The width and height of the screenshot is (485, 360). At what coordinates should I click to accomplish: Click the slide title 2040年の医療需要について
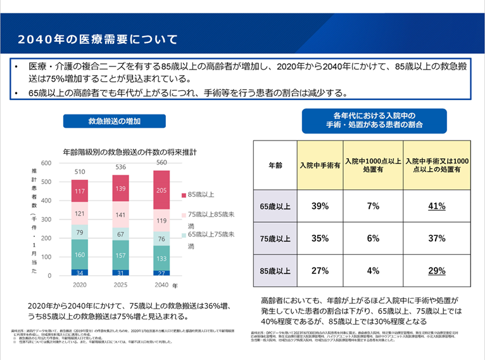[x=98, y=39]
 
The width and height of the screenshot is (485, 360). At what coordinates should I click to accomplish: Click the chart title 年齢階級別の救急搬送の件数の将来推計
[x=130, y=152]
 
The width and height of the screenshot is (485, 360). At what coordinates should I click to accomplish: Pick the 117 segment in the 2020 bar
[x=79, y=191]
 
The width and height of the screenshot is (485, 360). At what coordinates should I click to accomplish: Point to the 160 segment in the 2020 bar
[x=79, y=255]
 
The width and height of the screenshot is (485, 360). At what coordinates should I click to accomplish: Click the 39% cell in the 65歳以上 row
[x=319, y=206]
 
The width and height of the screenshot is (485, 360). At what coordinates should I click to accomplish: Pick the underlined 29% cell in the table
[x=437, y=271]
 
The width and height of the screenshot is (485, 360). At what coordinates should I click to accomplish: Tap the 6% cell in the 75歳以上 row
[x=373, y=239]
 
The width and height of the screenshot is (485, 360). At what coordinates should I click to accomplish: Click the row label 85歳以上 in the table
[x=275, y=271]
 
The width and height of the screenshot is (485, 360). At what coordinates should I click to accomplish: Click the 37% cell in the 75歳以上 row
[x=437, y=239]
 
